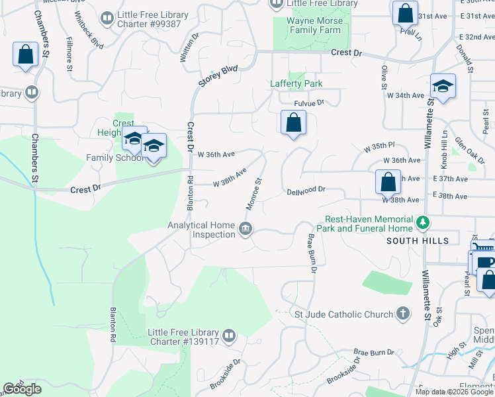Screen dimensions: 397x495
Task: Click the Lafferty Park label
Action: click(296, 84)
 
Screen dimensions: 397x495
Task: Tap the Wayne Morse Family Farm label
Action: click(314, 25)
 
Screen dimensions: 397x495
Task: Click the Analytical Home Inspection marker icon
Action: click(246, 230)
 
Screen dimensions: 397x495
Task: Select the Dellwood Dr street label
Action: click(306, 190)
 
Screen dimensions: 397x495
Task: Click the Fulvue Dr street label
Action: click(310, 103)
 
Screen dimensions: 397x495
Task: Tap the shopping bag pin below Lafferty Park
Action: click(292, 123)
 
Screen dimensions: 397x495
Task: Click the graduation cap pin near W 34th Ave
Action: click(443, 87)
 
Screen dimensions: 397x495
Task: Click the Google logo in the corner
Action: click(22, 389)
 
